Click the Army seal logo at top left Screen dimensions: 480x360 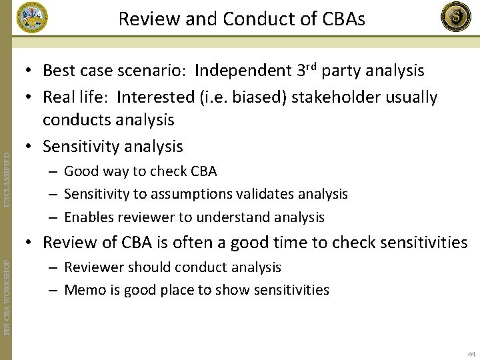pyautogui.click(x=32, y=17)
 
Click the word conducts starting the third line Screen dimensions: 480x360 pyautogui.click(x=75, y=120)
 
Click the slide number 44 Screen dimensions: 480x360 pyautogui.click(x=471, y=353)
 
